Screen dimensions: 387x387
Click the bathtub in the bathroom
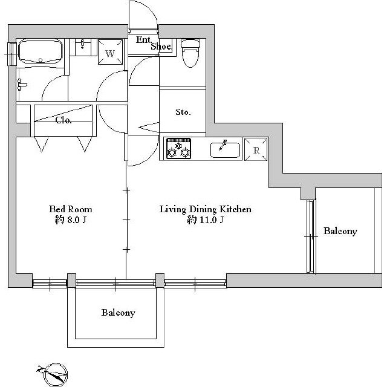click(x=41, y=51)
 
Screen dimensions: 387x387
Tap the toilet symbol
click(x=190, y=53)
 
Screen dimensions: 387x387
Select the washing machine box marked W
click(x=110, y=52)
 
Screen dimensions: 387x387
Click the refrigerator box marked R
click(x=256, y=149)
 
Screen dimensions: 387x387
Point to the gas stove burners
click(x=178, y=148)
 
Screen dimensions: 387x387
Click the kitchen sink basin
click(x=225, y=150)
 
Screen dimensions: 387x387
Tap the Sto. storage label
click(x=183, y=112)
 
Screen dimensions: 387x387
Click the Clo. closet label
click(x=63, y=120)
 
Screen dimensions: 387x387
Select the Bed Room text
click(x=71, y=209)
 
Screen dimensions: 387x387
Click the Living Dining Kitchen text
click(x=206, y=209)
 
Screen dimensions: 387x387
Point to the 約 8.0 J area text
click(x=71, y=220)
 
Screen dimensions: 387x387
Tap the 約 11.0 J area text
click(x=206, y=220)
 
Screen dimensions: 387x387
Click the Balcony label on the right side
click(x=340, y=231)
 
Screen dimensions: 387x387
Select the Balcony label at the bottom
click(x=119, y=313)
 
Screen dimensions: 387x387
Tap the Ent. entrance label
click(x=143, y=40)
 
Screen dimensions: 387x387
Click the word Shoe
click(x=161, y=47)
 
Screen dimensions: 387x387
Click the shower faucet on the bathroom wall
click(x=22, y=85)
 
